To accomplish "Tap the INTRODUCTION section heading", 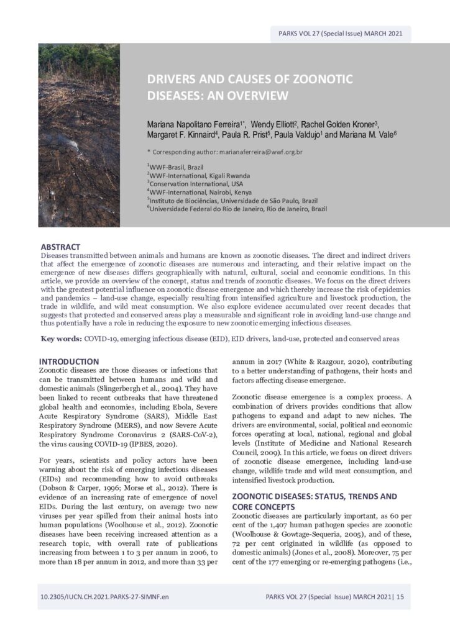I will [x=68, y=361].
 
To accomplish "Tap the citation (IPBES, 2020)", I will [x=161, y=445].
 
